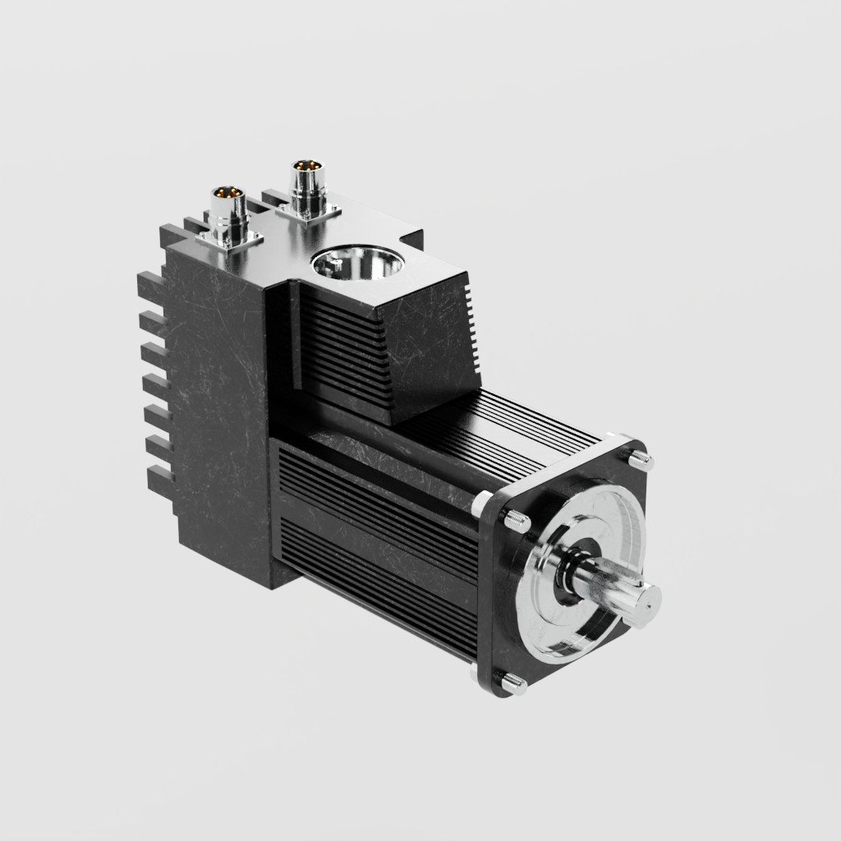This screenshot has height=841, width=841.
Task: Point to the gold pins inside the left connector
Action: [229, 193]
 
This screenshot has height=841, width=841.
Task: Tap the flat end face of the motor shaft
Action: [643, 599]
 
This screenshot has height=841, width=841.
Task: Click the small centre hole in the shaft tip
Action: [646, 600]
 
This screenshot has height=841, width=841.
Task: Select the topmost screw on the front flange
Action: [640, 457]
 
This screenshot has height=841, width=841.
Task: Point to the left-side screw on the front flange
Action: [515, 519]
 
